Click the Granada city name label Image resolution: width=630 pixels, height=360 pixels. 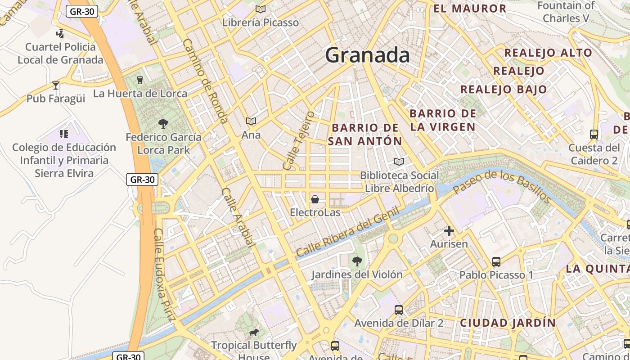pos(367,55)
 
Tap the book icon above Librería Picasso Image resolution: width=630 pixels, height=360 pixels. pos(261,9)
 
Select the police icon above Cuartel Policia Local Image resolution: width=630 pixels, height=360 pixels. pos(60,33)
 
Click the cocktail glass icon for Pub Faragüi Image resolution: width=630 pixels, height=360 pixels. pos(56,85)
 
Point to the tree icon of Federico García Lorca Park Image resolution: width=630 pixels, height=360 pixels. pos(163,124)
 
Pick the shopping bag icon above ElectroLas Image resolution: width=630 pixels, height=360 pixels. pos(315,199)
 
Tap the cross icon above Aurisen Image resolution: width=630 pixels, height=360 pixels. pos(449,231)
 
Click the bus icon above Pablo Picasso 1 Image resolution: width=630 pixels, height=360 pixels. pos(496,261)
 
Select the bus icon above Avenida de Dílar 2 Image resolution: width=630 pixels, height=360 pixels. pos(399,310)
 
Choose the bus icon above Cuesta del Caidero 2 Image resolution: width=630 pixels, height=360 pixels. pos(594,134)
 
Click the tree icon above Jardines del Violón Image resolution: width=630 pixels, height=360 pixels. pos(357,261)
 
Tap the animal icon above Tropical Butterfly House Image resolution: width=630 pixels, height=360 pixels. pos(254,333)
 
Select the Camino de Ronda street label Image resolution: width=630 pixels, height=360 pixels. pos(206,81)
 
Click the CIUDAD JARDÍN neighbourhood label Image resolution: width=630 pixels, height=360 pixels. pos(508,323)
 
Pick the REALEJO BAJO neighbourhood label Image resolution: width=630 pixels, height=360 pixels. pos(504,89)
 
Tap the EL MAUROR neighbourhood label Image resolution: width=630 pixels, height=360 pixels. pos(470,9)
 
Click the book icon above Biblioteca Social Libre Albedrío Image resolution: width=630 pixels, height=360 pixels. pos(399,162)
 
